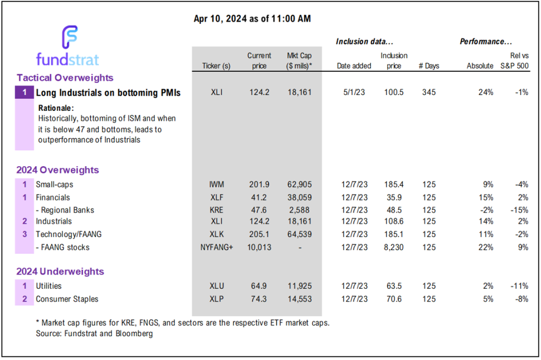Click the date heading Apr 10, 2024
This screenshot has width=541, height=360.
[253, 19]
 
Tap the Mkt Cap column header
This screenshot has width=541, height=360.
[299, 61]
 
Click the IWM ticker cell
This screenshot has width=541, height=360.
[216, 185]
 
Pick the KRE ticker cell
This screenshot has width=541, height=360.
[216, 210]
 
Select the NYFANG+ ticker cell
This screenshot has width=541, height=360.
[216, 247]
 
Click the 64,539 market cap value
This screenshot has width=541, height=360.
[299, 234]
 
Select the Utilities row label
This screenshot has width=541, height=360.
[49, 286]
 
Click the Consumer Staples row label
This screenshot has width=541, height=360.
[67, 299]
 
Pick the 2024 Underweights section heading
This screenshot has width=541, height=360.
[60, 272]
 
